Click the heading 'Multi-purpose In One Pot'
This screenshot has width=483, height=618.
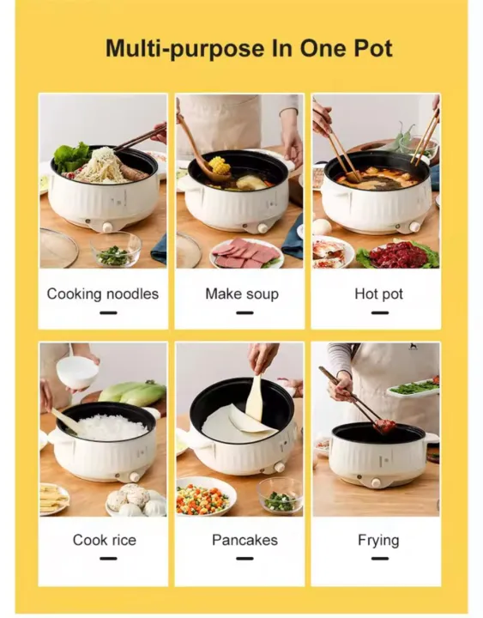(x=248, y=48)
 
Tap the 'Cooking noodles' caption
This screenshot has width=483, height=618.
(x=103, y=294)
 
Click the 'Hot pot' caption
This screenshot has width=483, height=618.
(x=378, y=294)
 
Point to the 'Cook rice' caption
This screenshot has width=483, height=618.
(x=104, y=540)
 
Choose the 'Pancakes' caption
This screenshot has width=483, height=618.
(x=245, y=540)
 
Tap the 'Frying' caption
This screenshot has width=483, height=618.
(x=378, y=540)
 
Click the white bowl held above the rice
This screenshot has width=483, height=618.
(x=77, y=372)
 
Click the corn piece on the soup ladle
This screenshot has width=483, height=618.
(x=219, y=164)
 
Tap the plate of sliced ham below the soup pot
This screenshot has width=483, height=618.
(x=246, y=252)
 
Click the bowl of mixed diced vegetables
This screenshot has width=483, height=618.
(x=204, y=497)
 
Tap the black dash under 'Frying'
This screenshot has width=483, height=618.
(x=378, y=559)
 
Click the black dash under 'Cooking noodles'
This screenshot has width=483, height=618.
(x=107, y=312)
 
